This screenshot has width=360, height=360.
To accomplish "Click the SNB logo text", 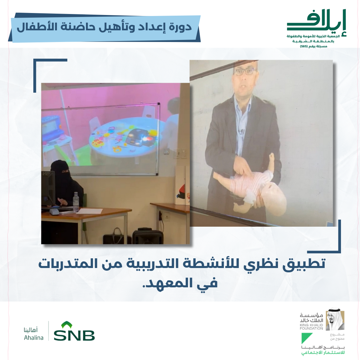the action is tap(74, 335).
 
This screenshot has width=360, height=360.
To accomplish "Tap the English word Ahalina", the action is tap(34, 337).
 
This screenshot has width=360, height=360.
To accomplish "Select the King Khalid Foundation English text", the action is tap(311, 327).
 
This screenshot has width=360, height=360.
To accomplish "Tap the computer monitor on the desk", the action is tap(48, 188).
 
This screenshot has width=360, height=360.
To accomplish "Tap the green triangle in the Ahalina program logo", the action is tap(307, 338).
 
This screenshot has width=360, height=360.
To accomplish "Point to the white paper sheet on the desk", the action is tap(90, 211).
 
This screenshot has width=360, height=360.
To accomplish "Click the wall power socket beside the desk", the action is tap(166, 216).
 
